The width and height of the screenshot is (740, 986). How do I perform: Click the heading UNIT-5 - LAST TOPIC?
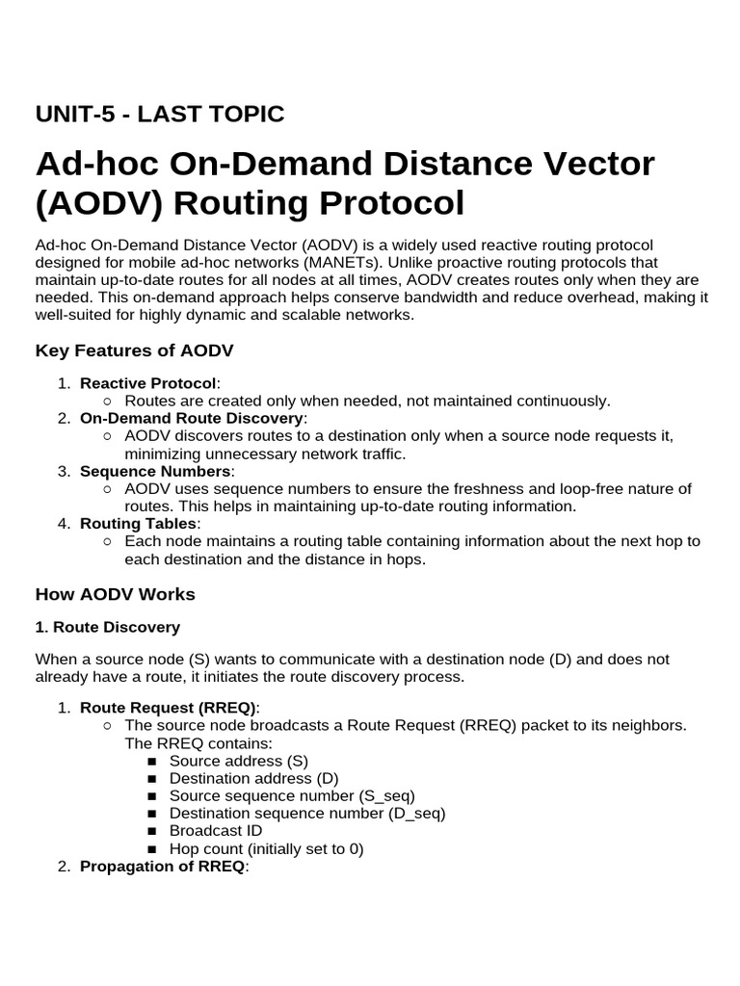click(160, 115)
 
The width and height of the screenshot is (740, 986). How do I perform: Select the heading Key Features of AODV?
click(134, 350)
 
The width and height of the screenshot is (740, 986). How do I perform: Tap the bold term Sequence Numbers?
click(155, 471)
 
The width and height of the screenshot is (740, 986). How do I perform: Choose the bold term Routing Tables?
click(139, 523)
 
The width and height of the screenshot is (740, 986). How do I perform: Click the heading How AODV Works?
click(115, 594)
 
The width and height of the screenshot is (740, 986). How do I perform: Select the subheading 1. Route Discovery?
click(107, 627)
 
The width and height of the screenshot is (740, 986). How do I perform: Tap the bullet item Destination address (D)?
click(254, 778)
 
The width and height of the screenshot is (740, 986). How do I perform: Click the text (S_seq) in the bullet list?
click(386, 795)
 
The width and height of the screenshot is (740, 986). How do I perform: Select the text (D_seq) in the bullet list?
click(416, 813)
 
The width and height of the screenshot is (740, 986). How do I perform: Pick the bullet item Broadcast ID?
click(215, 830)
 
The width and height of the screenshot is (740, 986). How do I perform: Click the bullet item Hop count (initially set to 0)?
click(267, 848)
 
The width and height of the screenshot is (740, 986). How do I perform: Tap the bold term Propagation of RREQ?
click(163, 866)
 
